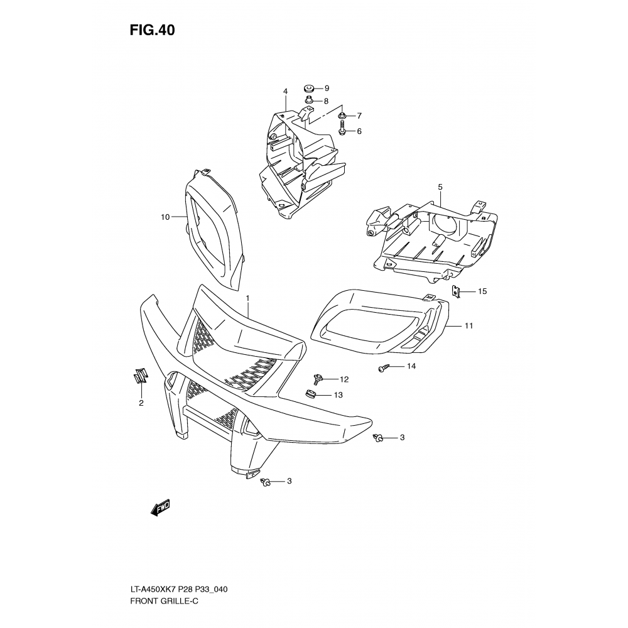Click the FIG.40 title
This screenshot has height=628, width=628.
(152, 30)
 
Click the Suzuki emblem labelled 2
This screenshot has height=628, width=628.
(141, 376)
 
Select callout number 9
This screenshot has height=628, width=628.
(327, 88)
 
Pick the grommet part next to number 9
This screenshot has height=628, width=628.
(308, 88)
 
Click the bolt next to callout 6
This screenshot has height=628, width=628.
(342, 129)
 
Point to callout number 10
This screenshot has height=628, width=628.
(165, 217)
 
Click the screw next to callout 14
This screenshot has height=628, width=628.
(383, 367)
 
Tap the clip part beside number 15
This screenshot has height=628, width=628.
(456, 291)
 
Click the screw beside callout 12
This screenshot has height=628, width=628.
(319, 377)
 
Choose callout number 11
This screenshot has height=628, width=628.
(468, 326)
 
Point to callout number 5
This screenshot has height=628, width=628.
(440, 187)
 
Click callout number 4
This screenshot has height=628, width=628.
(286, 92)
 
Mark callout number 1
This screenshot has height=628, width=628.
(247, 298)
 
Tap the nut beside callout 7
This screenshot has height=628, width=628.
(342, 116)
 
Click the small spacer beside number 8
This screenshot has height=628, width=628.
(309, 100)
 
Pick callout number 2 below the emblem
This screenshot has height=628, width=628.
(141, 403)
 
